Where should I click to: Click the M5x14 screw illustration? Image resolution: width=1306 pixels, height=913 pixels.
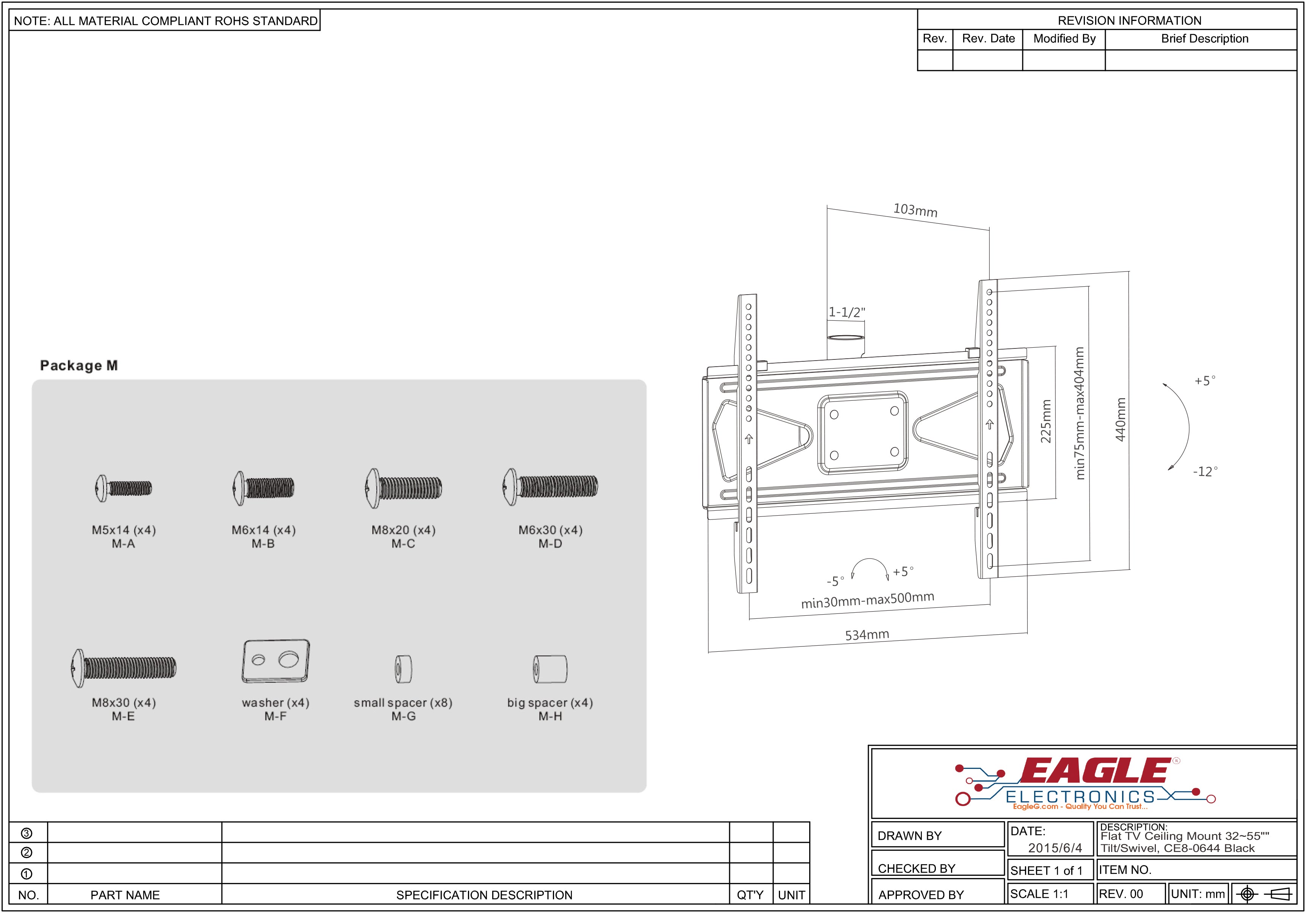(x=124, y=488)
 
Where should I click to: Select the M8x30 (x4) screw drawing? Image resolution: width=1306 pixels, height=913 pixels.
(x=124, y=667)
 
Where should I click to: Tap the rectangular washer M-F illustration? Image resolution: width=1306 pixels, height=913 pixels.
(x=276, y=661)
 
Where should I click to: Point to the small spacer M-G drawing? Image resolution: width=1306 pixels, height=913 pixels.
(x=403, y=669)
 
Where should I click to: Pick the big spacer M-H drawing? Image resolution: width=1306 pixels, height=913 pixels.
(x=550, y=669)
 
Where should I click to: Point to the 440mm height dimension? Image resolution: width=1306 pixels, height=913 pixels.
(x=1120, y=419)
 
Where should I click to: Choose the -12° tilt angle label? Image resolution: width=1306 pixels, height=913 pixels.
(x=1205, y=472)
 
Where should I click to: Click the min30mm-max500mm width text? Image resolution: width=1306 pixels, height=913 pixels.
(x=868, y=600)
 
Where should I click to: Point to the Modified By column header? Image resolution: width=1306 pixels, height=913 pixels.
(x=1064, y=39)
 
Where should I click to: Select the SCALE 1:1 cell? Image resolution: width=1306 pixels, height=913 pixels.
(x=1039, y=894)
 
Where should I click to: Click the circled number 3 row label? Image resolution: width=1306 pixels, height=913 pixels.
(x=26, y=833)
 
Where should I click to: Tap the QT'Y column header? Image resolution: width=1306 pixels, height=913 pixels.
(x=750, y=895)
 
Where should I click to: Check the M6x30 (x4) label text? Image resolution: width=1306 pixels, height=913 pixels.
(x=550, y=530)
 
